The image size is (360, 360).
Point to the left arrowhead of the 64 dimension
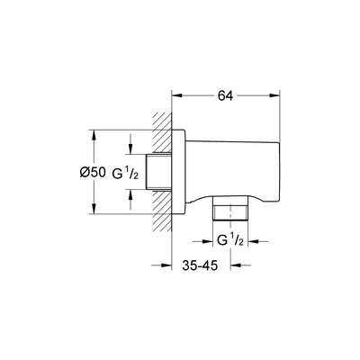(174, 92)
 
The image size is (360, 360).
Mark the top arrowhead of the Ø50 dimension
(93, 134)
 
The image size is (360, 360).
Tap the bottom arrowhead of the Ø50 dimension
(93, 211)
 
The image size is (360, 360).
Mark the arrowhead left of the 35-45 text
(165, 265)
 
